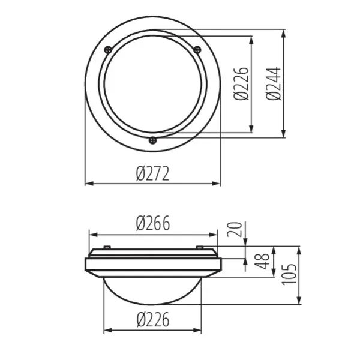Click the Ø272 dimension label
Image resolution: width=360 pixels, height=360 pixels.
152,174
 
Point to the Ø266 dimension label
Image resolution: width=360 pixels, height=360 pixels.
152,223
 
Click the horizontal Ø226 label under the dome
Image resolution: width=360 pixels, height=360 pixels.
152,320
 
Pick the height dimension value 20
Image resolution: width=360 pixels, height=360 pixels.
236,229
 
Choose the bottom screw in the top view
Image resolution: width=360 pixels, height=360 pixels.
152,140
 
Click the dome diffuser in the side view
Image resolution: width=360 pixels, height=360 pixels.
154,291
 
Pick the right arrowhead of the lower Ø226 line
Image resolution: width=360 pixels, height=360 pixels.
201,329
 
